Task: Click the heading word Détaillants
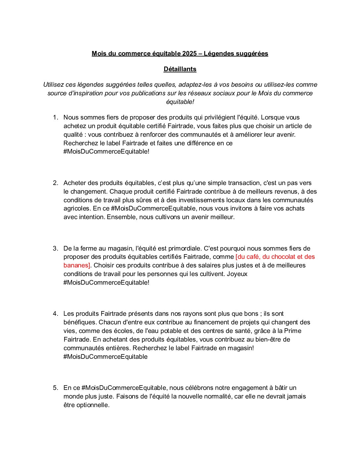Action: [x=180, y=69]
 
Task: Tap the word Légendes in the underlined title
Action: [x=219, y=54]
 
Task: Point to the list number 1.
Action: [x=55, y=117]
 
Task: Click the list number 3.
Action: [x=55, y=249]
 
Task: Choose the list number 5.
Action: [x=55, y=388]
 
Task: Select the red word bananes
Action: [x=76, y=265]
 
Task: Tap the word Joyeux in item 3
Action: [x=237, y=274]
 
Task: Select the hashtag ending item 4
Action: [x=106, y=357]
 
